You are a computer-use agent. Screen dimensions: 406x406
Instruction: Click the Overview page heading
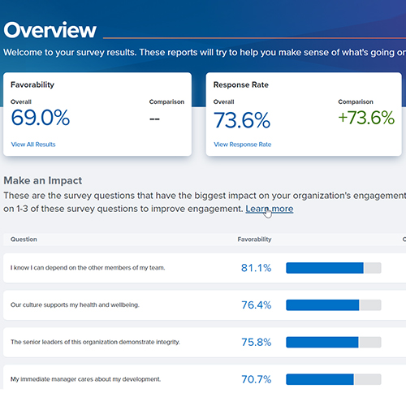pyautogui.click(x=50, y=30)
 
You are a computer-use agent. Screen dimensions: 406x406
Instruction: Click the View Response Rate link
pyautogui.click(x=242, y=144)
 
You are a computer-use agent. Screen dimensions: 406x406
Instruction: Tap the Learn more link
pyautogui.click(x=270, y=209)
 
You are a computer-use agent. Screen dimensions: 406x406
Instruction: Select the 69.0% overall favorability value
pyautogui.click(x=41, y=119)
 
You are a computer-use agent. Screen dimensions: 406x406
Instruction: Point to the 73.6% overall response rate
pyautogui.click(x=242, y=120)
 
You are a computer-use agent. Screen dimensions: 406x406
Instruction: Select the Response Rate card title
pyautogui.click(x=242, y=84)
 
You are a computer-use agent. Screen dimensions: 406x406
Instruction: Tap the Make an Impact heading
pyautogui.click(x=54, y=180)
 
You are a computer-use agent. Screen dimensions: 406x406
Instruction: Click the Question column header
pyautogui.click(x=24, y=240)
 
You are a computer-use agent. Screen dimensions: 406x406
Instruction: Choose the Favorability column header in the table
pyautogui.click(x=254, y=240)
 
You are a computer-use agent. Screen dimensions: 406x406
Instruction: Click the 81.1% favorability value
pyautogui.click(x=256, y=267)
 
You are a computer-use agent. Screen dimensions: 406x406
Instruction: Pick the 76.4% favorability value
pyautogui.click(x=256, y=305)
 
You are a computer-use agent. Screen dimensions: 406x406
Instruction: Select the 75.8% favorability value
pyautogui.click(x=256, y=342)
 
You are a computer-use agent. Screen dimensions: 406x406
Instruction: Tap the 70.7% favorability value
pyautogui.click(x=256, y=379)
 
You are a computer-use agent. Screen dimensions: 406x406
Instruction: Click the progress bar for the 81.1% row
pyautogui.click(x=333, y=267)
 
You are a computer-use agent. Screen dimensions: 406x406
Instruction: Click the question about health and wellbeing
pyautogui.click(x=75, y=305)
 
